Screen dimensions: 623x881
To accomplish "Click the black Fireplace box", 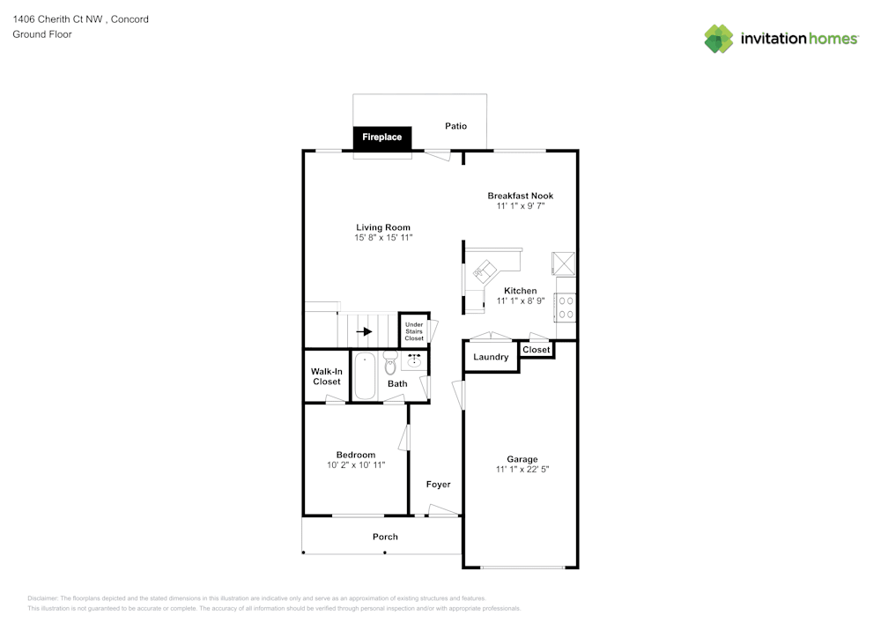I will [382, 137].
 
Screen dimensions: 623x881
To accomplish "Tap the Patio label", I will [455, 126].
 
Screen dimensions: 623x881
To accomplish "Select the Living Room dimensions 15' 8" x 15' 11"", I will [383, 238].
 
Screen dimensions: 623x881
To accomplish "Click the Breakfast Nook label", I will [521, 196].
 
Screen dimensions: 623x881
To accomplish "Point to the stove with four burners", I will [566, 307].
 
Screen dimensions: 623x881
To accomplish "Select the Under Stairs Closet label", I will [414, 331].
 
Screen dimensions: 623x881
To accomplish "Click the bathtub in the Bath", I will [365, 376].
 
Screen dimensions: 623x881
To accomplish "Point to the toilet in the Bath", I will [390, 364].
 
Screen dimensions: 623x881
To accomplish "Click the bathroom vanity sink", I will [414, 360].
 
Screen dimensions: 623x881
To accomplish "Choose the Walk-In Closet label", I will [326, 376].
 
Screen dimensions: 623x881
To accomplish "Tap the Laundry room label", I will [491, 357].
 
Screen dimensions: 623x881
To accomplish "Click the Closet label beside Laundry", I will [536, 350].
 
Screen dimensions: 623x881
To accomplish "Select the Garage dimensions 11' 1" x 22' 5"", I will [522, 470].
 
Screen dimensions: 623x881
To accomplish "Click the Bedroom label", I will [355, 455].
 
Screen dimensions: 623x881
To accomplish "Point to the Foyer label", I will [438, 485].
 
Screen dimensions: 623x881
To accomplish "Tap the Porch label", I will [385, 537].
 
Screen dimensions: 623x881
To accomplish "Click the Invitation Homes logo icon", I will [719, 38].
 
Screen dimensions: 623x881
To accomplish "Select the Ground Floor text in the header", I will [42, 34].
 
